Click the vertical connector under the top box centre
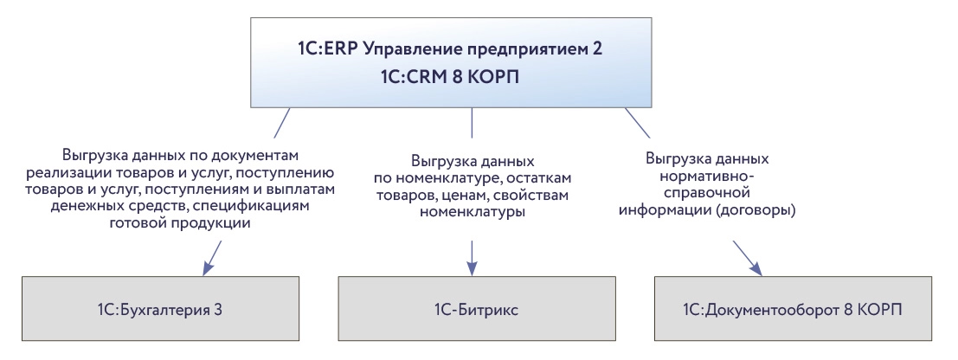(x=472, y=123)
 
